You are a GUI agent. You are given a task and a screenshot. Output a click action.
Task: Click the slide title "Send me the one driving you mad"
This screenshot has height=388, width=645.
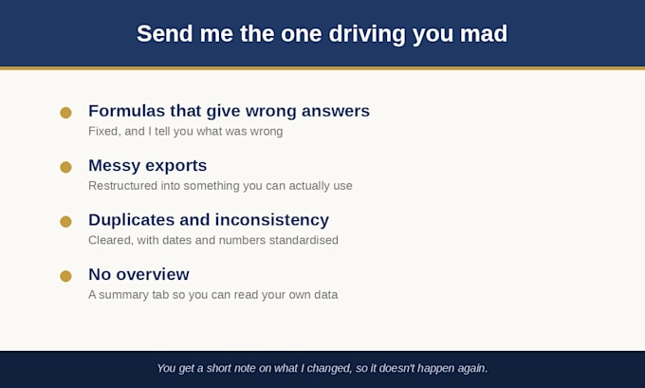[322, 34]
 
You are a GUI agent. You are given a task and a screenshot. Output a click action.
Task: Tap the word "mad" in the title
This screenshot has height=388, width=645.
[484, 33]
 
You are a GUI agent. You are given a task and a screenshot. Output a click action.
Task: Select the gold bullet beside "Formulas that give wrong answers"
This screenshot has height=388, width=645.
[65, 113]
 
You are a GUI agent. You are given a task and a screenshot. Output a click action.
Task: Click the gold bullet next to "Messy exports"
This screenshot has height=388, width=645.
[65, 167]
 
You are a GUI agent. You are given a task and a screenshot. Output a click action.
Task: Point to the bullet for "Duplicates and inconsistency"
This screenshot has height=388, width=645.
[65, 222]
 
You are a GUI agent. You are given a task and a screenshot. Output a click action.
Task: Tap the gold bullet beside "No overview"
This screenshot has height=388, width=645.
[65, 276]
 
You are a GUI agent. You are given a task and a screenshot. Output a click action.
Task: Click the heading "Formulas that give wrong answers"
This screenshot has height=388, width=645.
[230, 111]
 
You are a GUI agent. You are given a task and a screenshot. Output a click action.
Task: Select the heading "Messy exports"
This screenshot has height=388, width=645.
[148, 166]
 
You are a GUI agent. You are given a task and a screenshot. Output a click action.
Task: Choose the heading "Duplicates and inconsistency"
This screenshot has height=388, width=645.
[209, 220]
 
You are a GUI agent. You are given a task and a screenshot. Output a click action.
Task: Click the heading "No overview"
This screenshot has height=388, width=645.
[139, 274]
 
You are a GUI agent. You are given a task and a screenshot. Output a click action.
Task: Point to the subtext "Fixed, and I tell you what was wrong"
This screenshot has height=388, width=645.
[186, 131]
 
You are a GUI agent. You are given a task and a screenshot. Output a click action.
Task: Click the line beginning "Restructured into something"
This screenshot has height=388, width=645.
[220, 186]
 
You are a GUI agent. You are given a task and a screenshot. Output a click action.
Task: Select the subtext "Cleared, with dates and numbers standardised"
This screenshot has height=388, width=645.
[213, 240]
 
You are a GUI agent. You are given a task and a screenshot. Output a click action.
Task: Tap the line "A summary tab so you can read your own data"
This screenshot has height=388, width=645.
[213, 295]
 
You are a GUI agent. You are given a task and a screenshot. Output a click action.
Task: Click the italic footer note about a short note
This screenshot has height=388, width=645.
[322, 368]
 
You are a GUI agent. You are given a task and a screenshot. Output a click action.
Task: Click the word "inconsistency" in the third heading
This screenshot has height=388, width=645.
[272, 220]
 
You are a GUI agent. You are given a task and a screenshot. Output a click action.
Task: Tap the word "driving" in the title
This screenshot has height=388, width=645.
[367, 34]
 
